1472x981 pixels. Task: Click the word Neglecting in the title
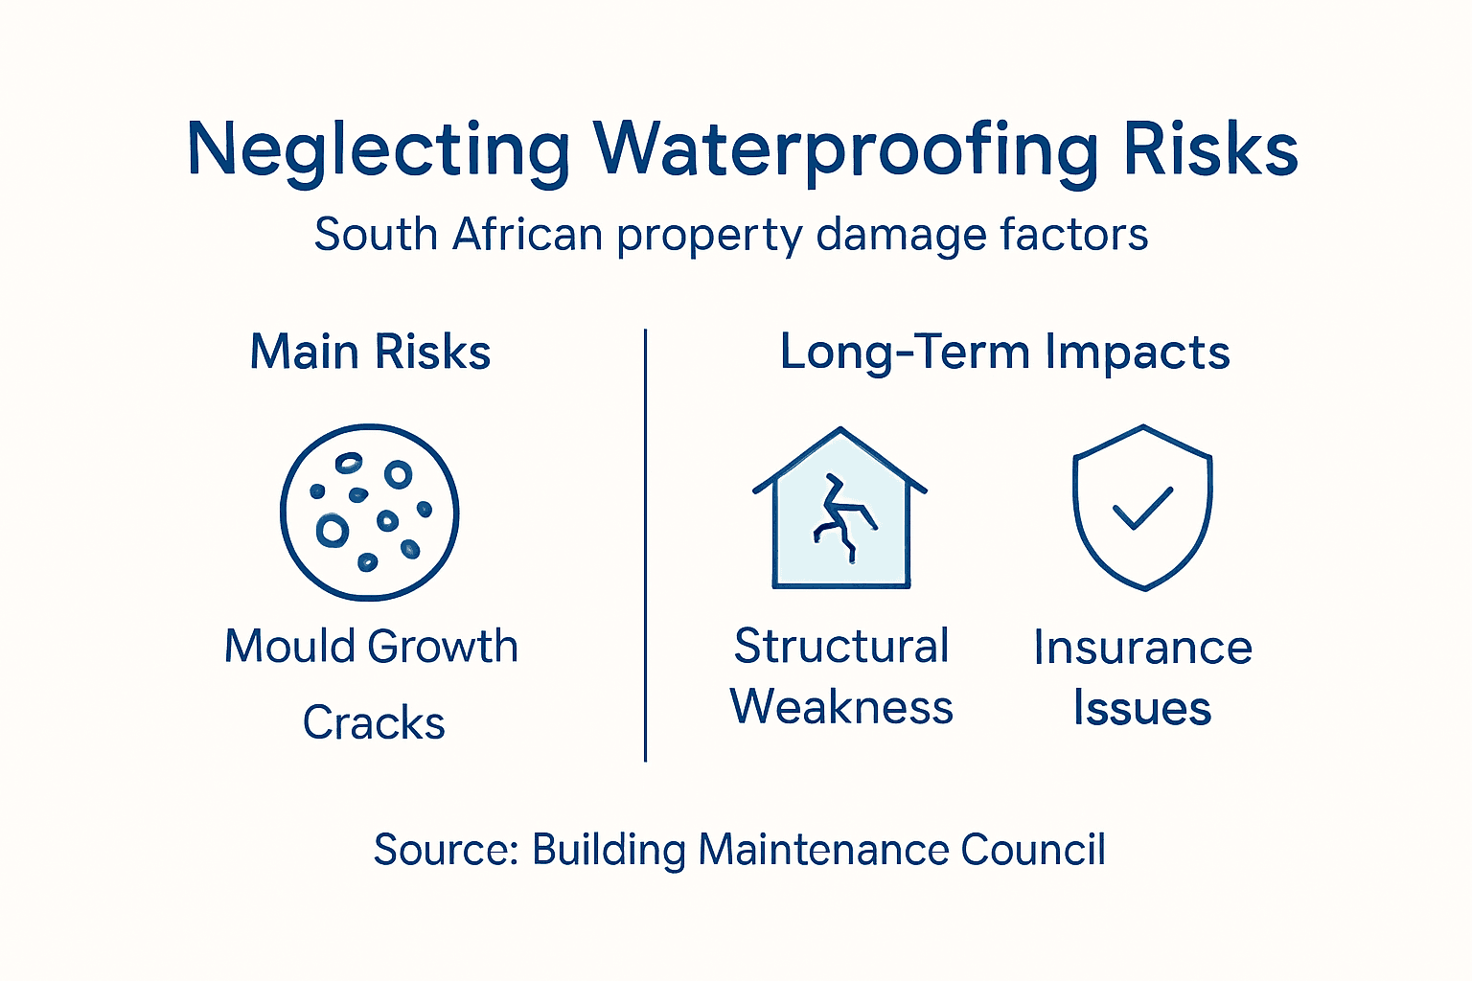pos(379,150)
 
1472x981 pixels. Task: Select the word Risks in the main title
pos(1210,150)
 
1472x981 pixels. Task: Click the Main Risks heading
pos(370,352)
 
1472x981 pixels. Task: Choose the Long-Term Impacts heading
pos(1004,352)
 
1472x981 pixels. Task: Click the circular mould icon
pos(370,512)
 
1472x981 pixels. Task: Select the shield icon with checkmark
pos(1142,507)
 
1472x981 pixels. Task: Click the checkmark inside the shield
pos(1142,509)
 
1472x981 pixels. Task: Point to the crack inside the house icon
pos(840,517)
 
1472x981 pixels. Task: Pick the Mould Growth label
pos(371,647)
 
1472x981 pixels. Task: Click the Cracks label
pos(374,723)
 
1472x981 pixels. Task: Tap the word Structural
pos(841,647)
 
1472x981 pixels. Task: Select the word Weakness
pos(841,708)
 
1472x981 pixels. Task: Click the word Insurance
pos(1142,649)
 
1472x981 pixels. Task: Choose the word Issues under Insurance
pos(1142,710)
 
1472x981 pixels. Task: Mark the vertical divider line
pos(646,546)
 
